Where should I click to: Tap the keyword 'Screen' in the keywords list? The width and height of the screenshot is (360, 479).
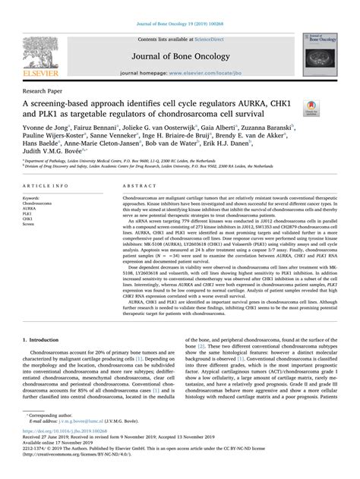click(x=34, y=225)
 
